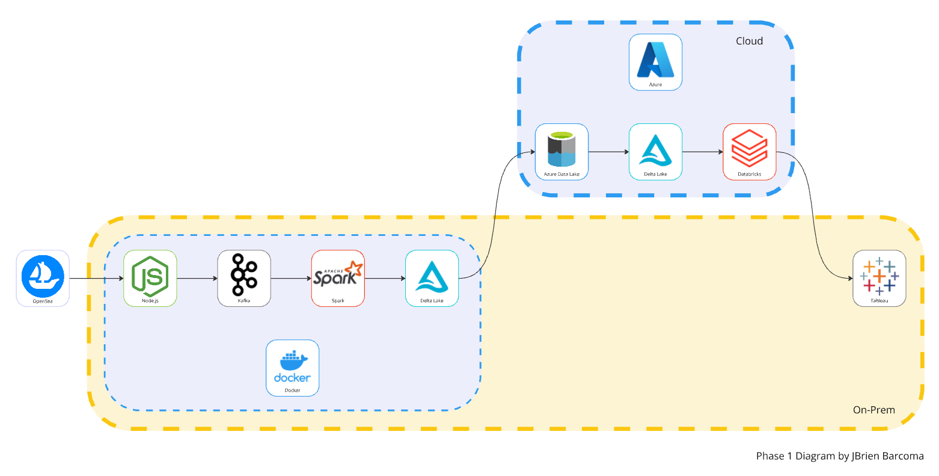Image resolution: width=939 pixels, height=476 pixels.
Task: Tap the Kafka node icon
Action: pyautogui.click(x=244, y=276)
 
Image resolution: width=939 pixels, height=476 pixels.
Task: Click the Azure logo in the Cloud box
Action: pyautogui.click(x=655, y=60)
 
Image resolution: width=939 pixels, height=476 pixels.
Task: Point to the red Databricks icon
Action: pyautogui.click(x=749, y=149)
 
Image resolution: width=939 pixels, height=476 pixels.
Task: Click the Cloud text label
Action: pyautogui.click(x=749, y=41)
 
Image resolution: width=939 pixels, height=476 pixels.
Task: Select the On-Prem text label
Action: pyautogui.click(x=873, y=410)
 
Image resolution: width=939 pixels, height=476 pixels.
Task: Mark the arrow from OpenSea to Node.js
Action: pyautogui.click(x=96, y=279)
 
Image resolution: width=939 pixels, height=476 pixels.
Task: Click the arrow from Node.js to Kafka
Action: pyautogui.click(x=197, y=279)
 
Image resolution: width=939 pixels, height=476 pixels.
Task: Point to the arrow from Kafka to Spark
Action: pyautogui.click(x=291, y=279)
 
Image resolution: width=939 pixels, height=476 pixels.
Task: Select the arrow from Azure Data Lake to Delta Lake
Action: pyautogui.click(x=608, y=152)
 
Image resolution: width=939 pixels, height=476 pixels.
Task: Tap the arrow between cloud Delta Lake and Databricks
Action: pyautogui.click(x=702, y=152)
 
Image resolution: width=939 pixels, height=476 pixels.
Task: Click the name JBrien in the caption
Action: pyautogui.click(x=866, y=456)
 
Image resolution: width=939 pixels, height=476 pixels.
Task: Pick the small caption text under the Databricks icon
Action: pyautogui.click(x=749, y=175)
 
